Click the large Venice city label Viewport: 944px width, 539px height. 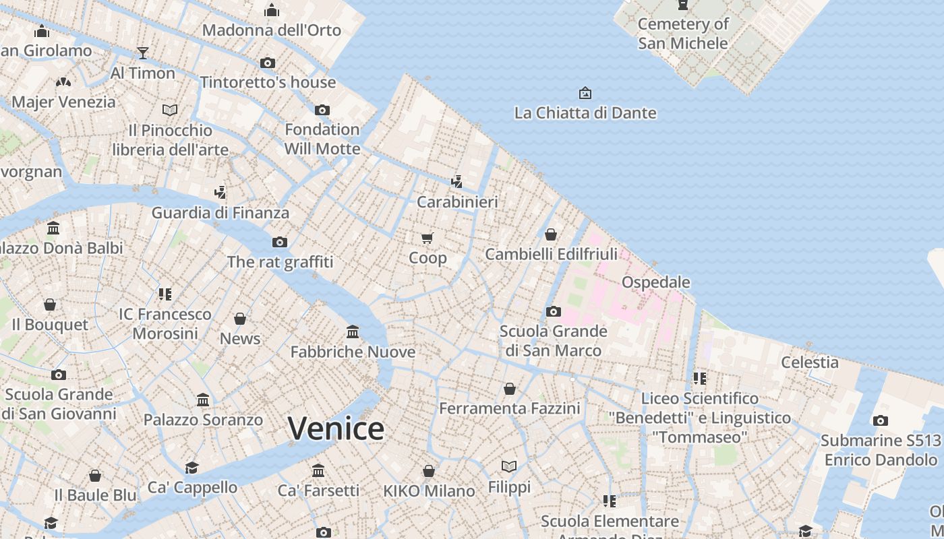tap(336, 429)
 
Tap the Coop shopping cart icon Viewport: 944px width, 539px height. tap(427, 238)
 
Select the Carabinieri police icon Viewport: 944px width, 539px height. tap(457, 181)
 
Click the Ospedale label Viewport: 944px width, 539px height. tap(655, 282)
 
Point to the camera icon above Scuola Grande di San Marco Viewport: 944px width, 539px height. tap(554, 311)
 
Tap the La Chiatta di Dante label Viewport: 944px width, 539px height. tap(585, 113)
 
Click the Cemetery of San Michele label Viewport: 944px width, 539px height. tap(683, 34)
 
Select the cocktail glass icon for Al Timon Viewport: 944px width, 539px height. tap(143, 53)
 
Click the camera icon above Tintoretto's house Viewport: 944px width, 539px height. tap(268, 63)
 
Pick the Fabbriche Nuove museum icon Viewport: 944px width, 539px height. tap(353, 331)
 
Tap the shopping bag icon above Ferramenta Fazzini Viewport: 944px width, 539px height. tap(510, 389)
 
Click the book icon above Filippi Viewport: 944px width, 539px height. tap(509, 466)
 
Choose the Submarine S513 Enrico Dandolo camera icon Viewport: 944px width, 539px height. tap(881, 421)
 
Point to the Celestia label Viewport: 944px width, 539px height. tap(810, 362)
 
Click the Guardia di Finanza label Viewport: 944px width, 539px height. tap(220, 213)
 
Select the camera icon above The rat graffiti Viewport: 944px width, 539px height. tap(280, 242)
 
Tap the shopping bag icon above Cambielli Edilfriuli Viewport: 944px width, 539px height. tap(551, 234)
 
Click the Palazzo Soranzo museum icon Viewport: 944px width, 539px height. tap(203, 400)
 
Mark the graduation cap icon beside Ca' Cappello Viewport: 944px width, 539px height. tap(192, 468)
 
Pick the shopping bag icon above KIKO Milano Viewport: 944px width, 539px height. tap(429, 470)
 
